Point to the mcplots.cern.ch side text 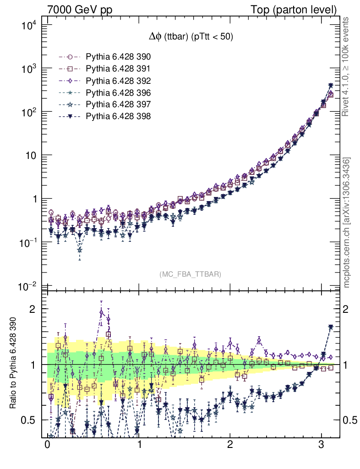point(347,223)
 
